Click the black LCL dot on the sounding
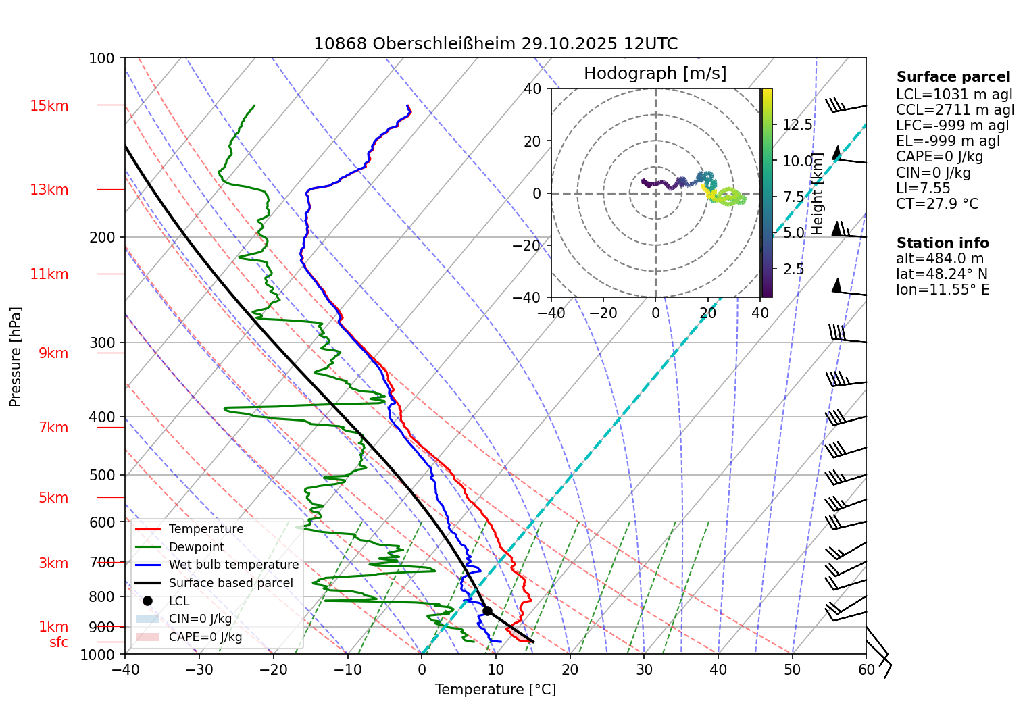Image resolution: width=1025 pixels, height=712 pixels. point(487,611)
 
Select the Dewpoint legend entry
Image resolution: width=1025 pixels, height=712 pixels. point(196,547)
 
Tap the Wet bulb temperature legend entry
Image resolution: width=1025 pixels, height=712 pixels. point(233,565)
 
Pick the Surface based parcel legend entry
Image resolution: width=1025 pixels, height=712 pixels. point(230,583)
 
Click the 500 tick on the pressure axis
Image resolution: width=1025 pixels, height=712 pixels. point(102,475)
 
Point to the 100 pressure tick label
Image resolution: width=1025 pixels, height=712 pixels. point(102,58)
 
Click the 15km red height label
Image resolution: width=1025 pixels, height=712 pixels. point(49,106)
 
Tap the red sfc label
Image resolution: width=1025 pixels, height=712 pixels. point(59,642)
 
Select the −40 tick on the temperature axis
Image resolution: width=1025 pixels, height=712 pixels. point(125,669)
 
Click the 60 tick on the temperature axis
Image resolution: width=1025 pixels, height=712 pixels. point(866,669)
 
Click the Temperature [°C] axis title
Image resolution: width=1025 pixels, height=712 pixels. point(495,690)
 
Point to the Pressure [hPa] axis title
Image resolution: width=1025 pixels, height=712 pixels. point(16,357)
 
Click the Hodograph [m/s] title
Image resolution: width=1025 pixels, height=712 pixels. point(655,74)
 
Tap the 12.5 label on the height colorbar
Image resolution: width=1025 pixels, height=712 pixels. point(797,125)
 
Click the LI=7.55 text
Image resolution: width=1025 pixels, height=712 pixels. point(923,188)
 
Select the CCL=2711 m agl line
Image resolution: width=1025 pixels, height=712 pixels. point(955,110)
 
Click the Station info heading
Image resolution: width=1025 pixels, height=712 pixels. point(943,243)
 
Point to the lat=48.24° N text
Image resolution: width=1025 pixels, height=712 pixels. point(941,274)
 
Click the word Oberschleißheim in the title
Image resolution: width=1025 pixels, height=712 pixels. point(444,44)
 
